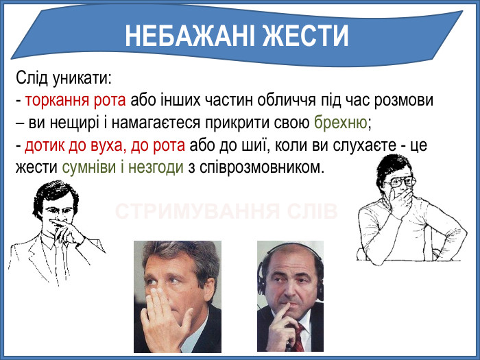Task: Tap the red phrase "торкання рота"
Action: pyautogui.click(x=75, y=101)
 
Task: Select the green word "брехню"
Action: pyautogui.click(x=341, y=123)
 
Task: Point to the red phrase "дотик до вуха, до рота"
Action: pyautogui.click(x=105, y=145)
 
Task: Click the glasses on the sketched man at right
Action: pyautogui.click(x=400, y=182)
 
